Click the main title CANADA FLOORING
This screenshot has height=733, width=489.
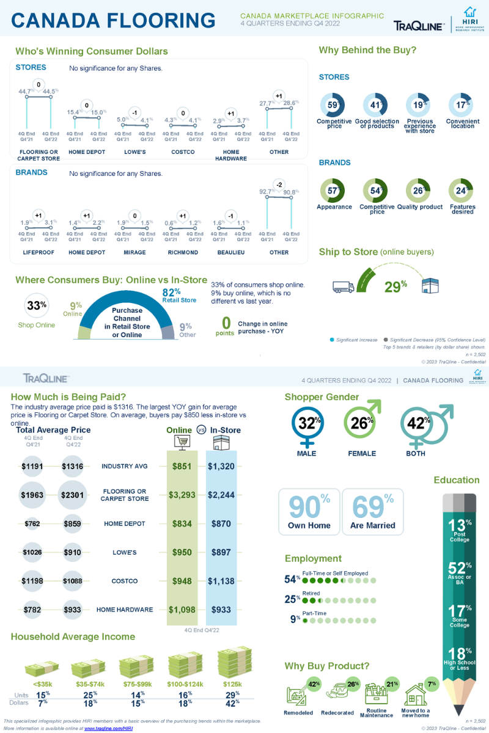click(114, 20)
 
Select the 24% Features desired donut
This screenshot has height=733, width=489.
click(461, 191)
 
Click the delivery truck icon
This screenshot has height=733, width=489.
click(342, 286)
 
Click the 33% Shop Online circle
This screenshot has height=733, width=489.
click(37, 306)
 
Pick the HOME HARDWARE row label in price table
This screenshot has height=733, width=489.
click(125, 610)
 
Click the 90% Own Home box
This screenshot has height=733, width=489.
click(309, 512)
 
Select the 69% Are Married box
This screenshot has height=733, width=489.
click(372, 512)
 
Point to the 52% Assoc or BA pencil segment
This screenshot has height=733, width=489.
click(460, 572)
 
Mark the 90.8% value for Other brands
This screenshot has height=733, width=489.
click(290, 192)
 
